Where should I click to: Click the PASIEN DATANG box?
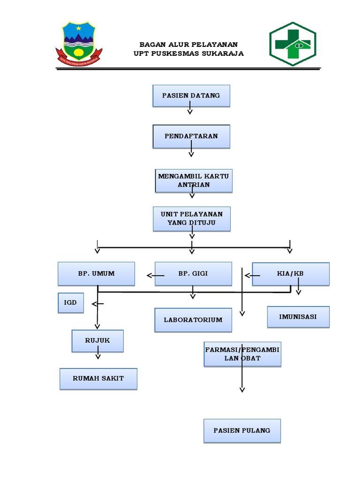[191, 96]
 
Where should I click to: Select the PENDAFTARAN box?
[191, 136]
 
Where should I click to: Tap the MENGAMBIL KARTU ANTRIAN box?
[194, 180]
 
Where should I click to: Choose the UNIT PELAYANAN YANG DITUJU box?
[192, 218]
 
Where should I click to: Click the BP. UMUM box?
[97, 274]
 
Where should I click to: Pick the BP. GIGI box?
[193, 274]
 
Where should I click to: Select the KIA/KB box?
[291, 274]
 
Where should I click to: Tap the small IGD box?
[71, 303]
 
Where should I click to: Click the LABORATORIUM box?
[193, 320]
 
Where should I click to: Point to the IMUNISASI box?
[298, 317]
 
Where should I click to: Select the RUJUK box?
[97, 341]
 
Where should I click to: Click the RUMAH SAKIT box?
[98, 379]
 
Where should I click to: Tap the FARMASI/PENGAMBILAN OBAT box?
[242, 354]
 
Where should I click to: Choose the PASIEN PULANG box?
[242, 431]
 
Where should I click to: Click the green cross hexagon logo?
[292, 44]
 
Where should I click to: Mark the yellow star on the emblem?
[79, 29]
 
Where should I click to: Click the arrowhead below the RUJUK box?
[98, 357]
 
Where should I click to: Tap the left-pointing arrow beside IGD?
[97, 304]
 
